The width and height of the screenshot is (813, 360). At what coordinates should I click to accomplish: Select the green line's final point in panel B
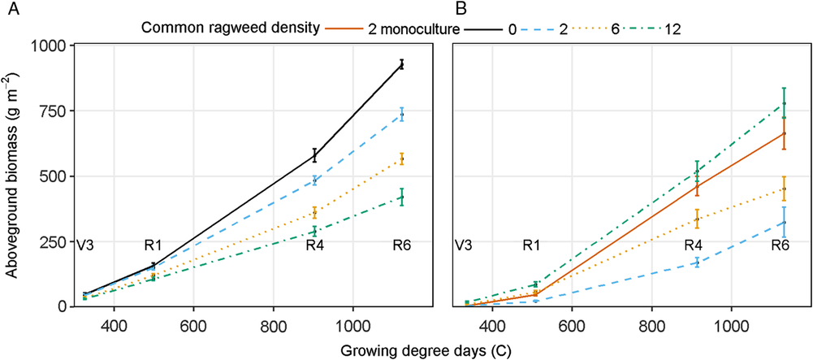784,103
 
